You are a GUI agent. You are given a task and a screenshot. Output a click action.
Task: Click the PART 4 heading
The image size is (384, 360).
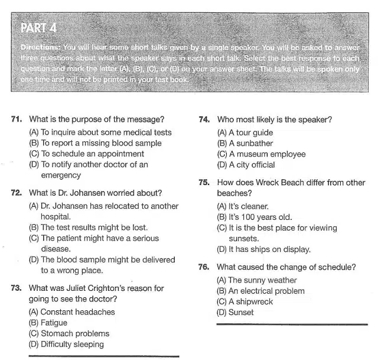tap(39, 28)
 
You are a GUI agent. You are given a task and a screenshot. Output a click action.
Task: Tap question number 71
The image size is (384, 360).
tap(17, 119)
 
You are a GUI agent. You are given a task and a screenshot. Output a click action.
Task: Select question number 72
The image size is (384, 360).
tap(17, 193)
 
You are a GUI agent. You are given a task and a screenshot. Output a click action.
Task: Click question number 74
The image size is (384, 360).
tap(204, 119)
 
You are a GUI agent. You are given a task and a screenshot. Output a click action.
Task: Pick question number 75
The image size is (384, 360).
tap(204, 182)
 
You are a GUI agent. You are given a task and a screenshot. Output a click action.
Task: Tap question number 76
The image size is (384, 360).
tap(204, 267)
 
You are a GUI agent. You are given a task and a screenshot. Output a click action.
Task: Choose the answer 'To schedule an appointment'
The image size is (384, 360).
tap(86, 154)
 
